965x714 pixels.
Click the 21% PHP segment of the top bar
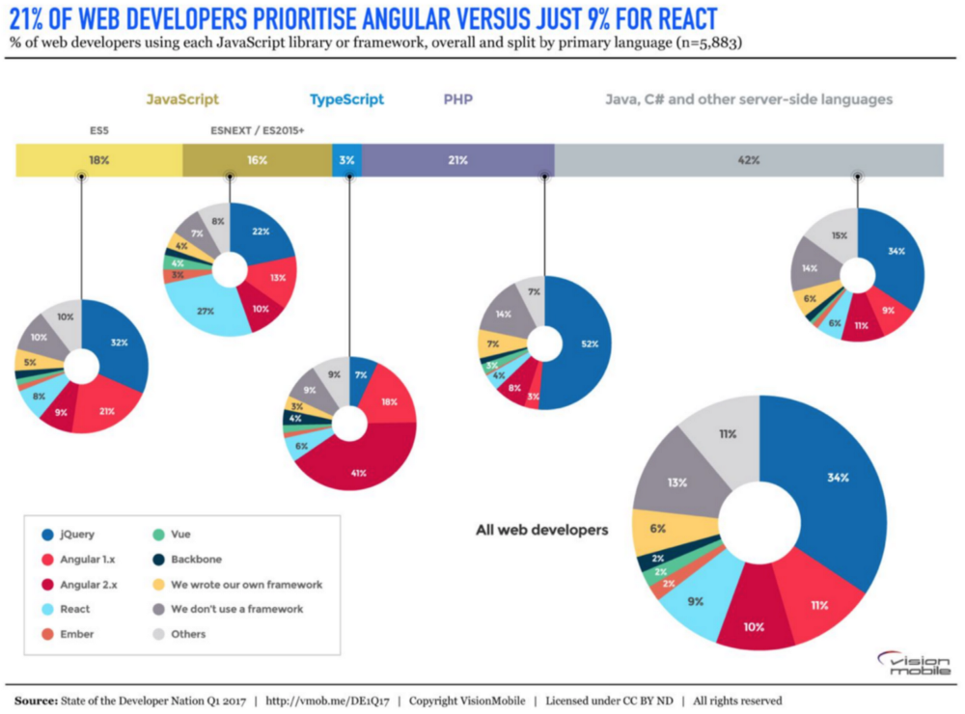[x=457, y=160]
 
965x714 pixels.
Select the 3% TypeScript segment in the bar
[x=346, y=160]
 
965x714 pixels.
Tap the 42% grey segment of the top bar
[x=749, y=160]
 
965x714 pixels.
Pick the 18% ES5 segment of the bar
[x=98, y=160]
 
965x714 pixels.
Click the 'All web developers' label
[x=541, y=530]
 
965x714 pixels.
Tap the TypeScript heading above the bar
[x=346, y=99]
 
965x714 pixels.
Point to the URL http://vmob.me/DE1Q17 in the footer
[x=334, y=700]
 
